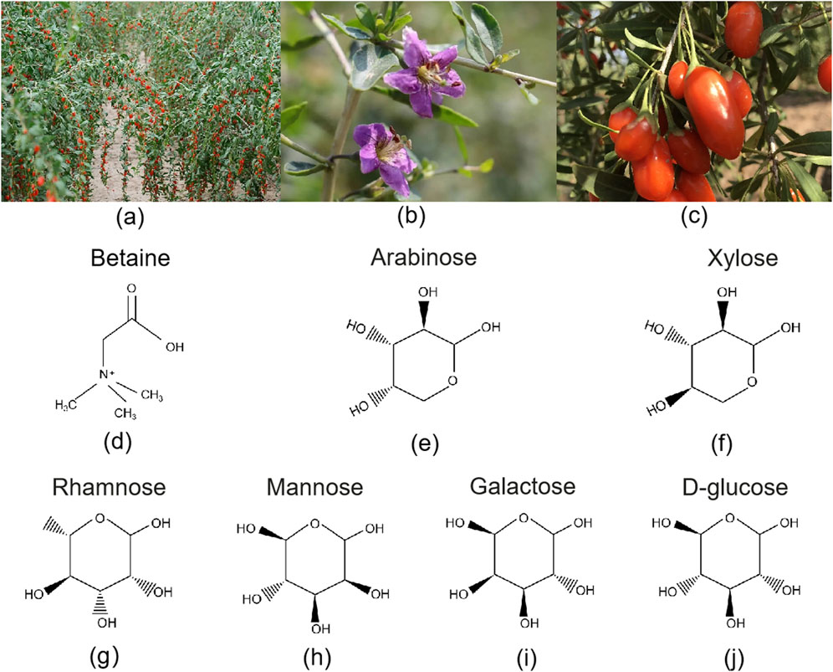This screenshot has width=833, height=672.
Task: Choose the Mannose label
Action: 311,486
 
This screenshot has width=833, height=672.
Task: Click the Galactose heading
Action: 512,486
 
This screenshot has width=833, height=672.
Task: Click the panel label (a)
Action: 130,218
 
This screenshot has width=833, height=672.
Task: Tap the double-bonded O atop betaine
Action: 132,288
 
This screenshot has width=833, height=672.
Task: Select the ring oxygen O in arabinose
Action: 450,383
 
